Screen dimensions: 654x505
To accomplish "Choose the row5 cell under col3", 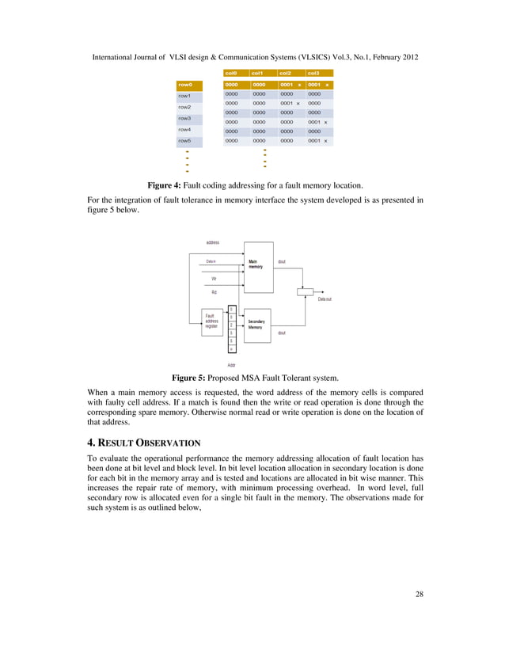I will [319, 140].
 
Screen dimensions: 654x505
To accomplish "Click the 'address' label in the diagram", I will [213, 242].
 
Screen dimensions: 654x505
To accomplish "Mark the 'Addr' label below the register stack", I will [231, 365].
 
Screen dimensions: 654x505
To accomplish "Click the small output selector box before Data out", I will [305, 291].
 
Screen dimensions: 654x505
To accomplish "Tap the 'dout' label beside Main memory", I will [282, 260].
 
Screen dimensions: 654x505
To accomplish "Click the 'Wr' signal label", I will [214, 279].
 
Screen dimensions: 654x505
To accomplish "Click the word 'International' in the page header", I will [118, 59].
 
